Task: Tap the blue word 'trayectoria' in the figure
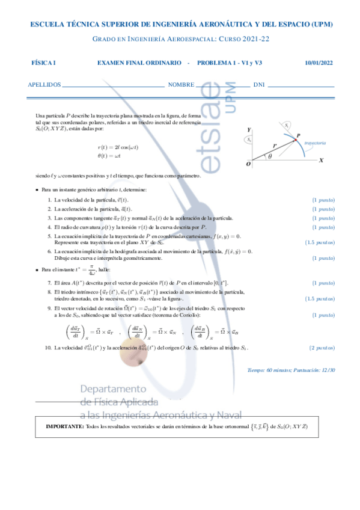[x=314, y=144]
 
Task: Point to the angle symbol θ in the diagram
[x=270, y=156]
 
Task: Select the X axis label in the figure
[x=322, y=161]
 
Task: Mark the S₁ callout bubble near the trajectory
[x=287, y=125]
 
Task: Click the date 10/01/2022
[x=319, y=62]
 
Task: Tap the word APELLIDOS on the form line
[x=44, y=85]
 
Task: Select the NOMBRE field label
[x=181, y=85]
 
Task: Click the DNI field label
[x=259, y=85]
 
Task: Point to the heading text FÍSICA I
[x=43, y=62]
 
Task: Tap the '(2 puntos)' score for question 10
[x=322, y=348]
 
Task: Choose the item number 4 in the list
[x=50, y=228]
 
